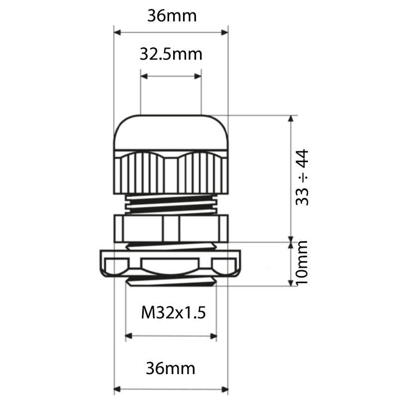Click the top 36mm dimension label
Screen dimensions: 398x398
[x=172, y=16]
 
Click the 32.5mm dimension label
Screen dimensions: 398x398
[x=171, y=54]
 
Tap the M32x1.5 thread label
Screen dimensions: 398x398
[x=173, y=312]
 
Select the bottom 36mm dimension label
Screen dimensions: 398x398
[x=170, y=369]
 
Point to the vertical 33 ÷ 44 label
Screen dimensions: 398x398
[x=302, y=178]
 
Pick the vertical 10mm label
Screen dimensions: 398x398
[x=302, y=263]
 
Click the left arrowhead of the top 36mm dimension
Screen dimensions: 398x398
[x=117, y=32]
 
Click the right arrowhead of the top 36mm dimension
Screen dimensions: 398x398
[x=225, y=32]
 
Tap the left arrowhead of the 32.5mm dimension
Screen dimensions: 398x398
[x=144, y=76]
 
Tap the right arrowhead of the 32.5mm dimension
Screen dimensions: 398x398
[x=198, y=76]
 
